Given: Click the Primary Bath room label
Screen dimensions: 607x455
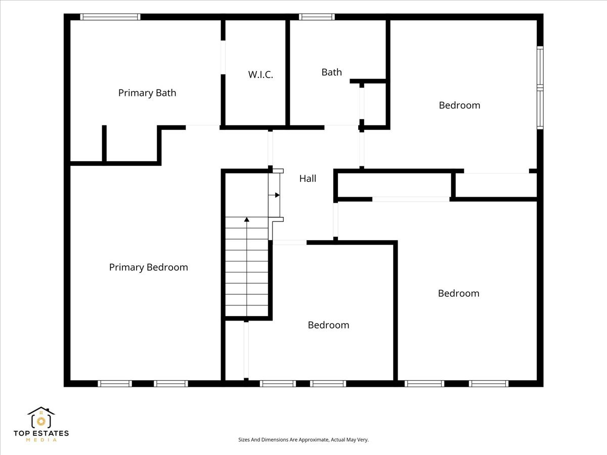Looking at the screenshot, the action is [x=147, y=93].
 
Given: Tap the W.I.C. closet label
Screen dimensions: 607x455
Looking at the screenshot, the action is [x=261, y=75].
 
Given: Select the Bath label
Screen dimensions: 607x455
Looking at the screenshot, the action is [x=331, y=72].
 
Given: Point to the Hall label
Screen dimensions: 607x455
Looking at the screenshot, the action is [x=308, y=178].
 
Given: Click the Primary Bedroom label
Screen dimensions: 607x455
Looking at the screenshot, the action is [x=149, y=267].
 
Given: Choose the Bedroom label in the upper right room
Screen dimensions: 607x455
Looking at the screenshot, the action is [x=459, y=105].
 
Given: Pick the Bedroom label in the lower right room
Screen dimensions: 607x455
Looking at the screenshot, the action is [x=458, y=293].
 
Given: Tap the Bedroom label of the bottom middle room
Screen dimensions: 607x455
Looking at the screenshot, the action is [x=328, y=325].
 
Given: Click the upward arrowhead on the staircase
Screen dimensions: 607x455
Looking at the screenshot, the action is [x=247, y=219].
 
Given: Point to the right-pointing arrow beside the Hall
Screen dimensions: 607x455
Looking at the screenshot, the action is [x=274, y=195].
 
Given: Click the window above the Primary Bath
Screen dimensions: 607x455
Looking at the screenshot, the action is [x=110, y=17].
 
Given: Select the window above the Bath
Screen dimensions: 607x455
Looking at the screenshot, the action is [x=317, y=17].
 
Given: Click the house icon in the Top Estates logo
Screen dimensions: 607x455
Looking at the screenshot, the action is [x=41, y=418].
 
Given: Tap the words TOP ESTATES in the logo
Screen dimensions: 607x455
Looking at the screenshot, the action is [x=41, y=433].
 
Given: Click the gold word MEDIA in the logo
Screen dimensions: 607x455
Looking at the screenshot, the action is [x=41, y=440].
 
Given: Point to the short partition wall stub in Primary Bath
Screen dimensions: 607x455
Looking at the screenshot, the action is [x=104, y=144].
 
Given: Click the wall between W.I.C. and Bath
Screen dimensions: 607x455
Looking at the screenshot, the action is [x=288, y=73].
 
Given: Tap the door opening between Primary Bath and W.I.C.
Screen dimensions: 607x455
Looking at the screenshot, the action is [x=223, y=58].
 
